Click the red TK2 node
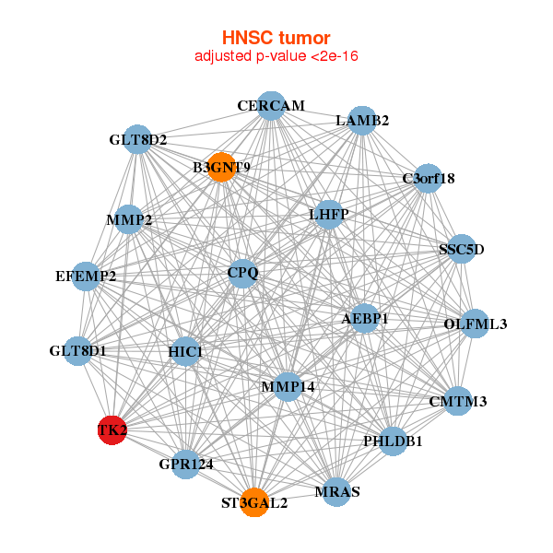(x=112, y=430)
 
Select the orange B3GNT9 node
(x=221, y=167)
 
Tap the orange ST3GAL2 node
(x=254, y=503)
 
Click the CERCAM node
(x=270, y=106)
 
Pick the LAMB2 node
(x=362, y=121)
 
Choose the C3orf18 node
(x=429, y=178)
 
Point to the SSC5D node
(x=461, y=249)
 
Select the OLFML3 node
(x=475, y=324)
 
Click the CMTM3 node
(x=458, y=401)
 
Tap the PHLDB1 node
(x=393, y=441)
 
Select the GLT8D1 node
(x=78, y=351)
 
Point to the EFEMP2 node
(x=86, y=276)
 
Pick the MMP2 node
(x=129, y=220)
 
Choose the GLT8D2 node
(x=137, y=140)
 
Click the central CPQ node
(x=242, y=273)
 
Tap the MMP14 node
(x=288, y=387)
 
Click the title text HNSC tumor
(x=276, y=38)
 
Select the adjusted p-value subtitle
(x=276, y=56)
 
